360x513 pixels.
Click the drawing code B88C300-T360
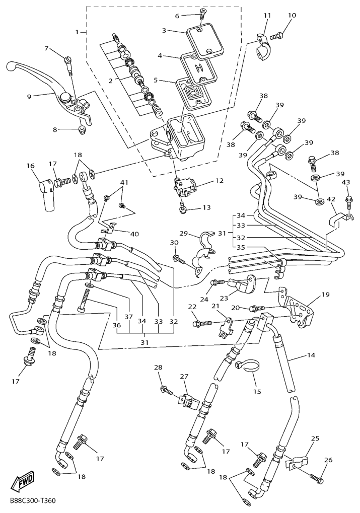(32, 501)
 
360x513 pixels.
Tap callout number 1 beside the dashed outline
(78, 32)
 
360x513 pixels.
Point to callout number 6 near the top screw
(177, 16)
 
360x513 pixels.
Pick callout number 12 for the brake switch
(218, 180)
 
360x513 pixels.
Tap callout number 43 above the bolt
(346, 182)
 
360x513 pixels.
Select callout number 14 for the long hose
(311, 355)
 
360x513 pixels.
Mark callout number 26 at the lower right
(328, 460)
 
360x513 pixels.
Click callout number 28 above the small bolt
(158, 367)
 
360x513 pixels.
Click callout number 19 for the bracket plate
(326, 294)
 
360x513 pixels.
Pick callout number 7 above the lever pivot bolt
(47, 48)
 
